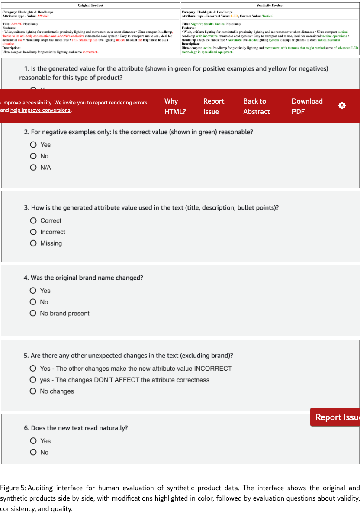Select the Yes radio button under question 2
click(x=33, y=145)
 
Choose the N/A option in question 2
click(x=33, y=168)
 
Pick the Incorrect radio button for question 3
click(x=33, y=232)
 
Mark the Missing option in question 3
click(x=33, y=243)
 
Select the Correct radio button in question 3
click(x=33, y=221)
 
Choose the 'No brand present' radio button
click(x=33, y=314)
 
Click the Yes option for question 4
click(x=33, y=291)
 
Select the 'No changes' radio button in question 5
click(x=33, y=391)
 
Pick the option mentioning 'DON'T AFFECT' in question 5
click(x=33, y=380)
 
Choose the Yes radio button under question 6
click(x=33, y=441)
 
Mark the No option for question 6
click(x=33, y=452)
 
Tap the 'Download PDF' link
click(x=307, y=106)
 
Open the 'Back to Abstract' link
click(x=256, y=106)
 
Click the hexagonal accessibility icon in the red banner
click(x=342, y=106)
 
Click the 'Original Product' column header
click(x=90, y=5)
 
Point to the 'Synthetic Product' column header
click(x=270, y=5)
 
